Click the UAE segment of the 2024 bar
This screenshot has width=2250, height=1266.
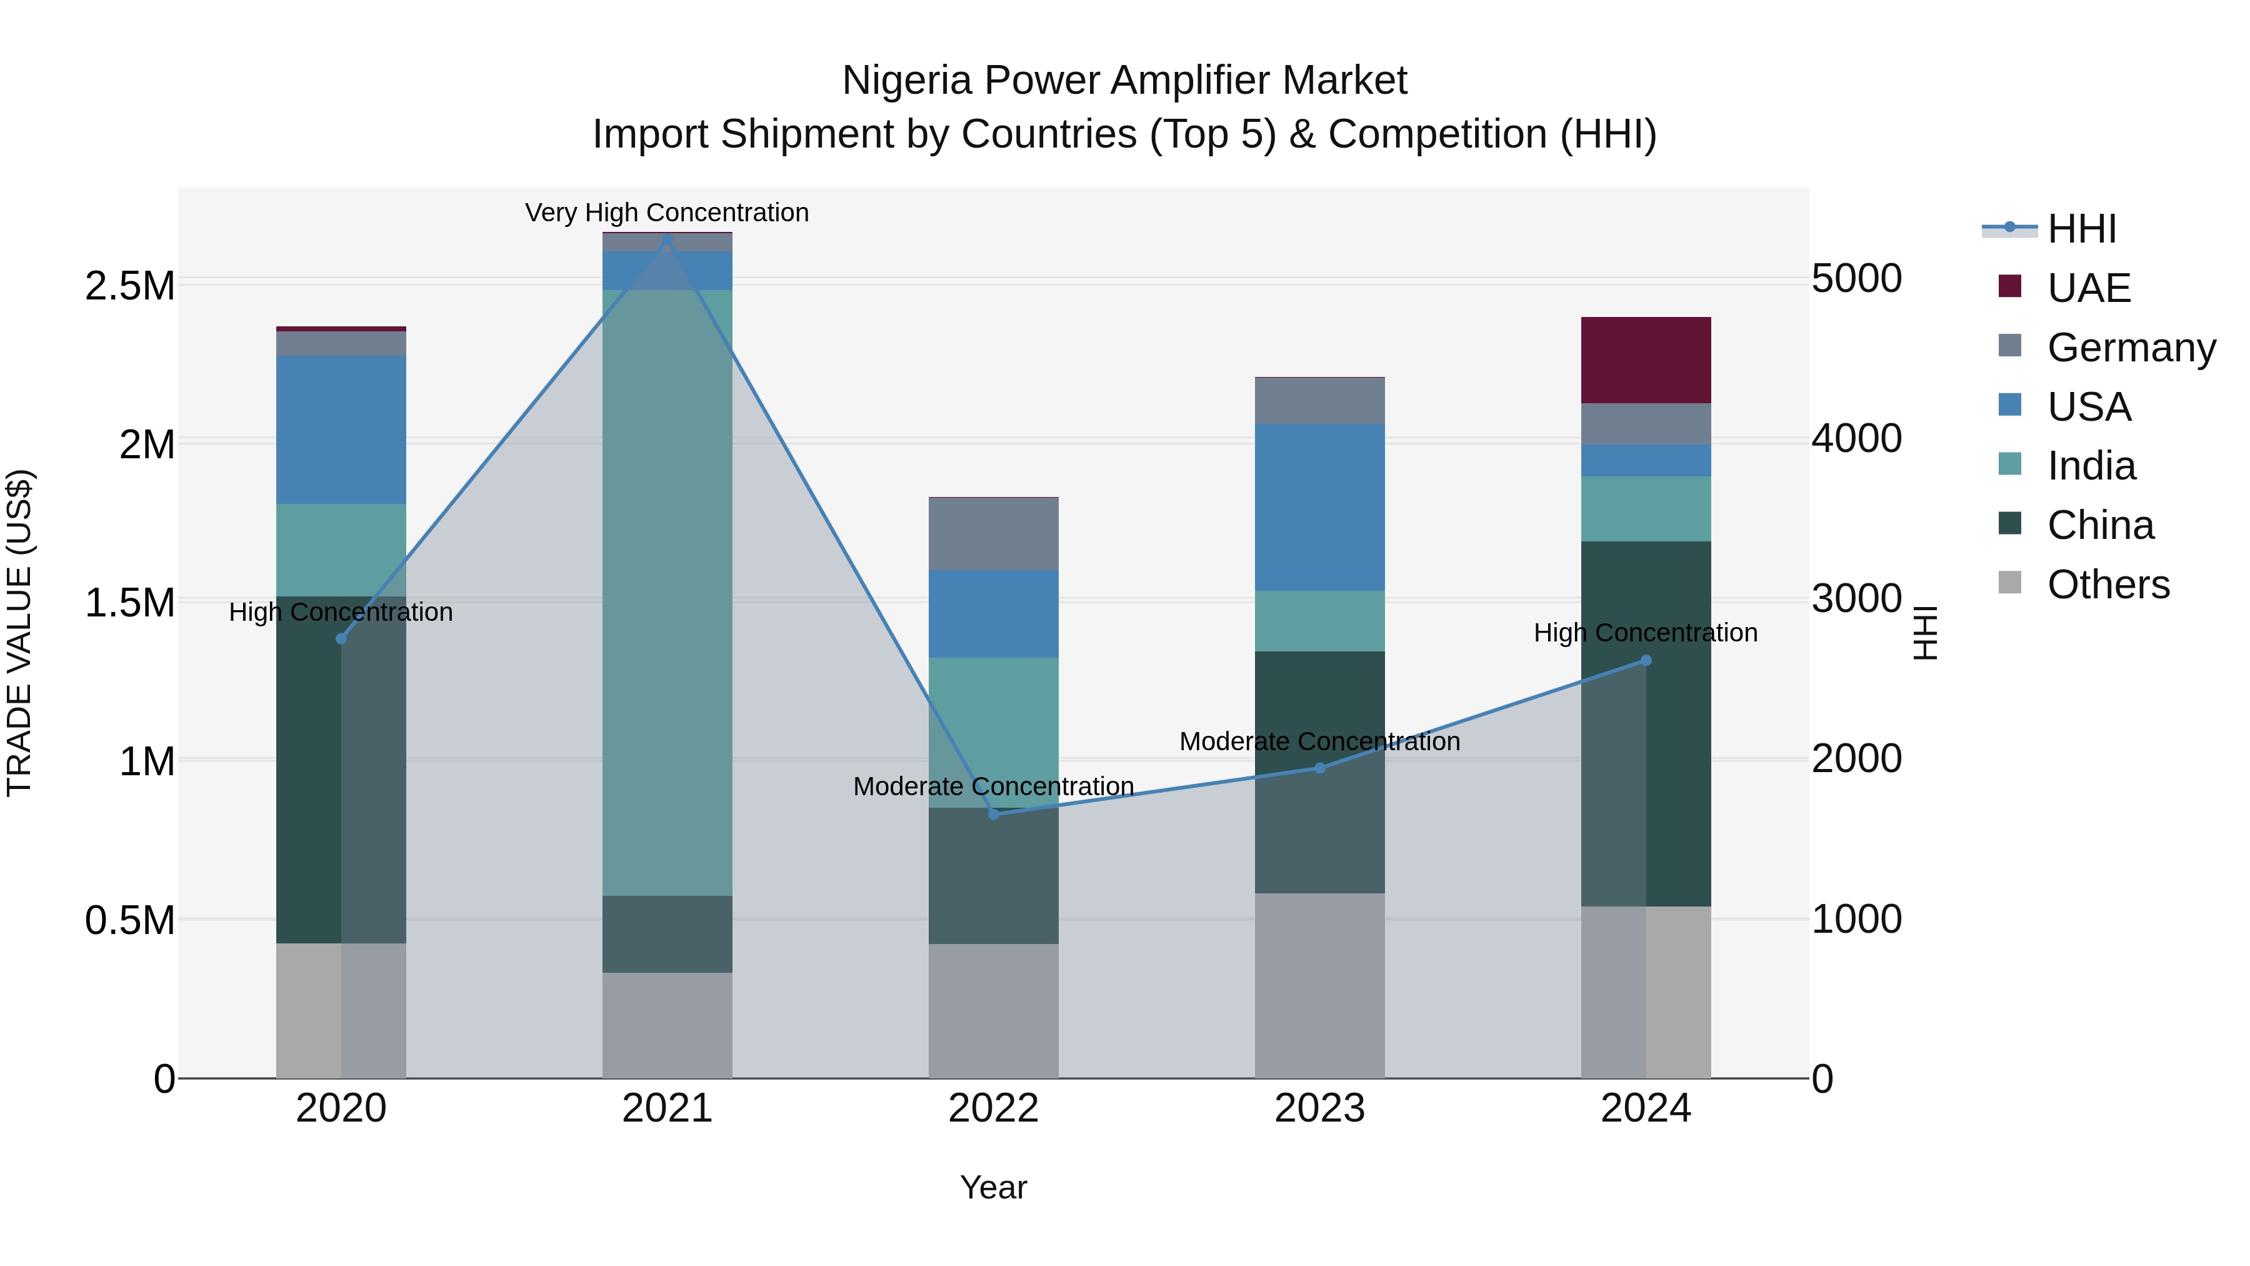tap(1646, 360)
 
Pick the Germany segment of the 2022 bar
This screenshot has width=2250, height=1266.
tap(993, 534)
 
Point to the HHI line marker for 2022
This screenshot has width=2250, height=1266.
tap(993, 814)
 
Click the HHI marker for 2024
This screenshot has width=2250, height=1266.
tap(1646, 661)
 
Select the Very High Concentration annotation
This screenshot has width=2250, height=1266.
tap(667, 213)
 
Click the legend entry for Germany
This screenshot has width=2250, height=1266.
tap(2131, 348)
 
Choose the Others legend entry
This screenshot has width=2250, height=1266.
tap(2107, 585)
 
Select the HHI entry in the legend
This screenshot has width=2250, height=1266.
tap(2081, 229)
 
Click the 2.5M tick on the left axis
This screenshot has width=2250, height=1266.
tap(129, 286)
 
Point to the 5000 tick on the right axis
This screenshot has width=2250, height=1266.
tap(1856, 279)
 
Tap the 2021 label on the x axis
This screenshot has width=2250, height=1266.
tap(667, 1108)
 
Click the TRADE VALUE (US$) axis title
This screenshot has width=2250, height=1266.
tap(19, 633)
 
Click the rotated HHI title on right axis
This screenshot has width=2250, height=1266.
tap(1925, 633)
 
